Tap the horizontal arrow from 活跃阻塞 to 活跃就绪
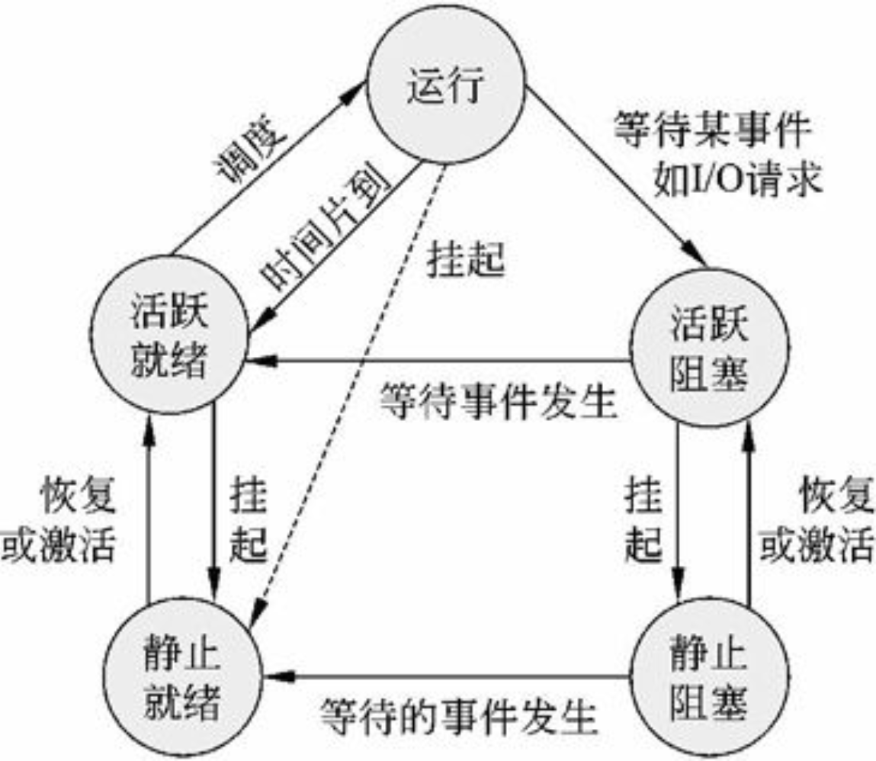pyautogui.click(x=442, y=360)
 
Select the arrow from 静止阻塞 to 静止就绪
pyautogui.click(x=450, y=676)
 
